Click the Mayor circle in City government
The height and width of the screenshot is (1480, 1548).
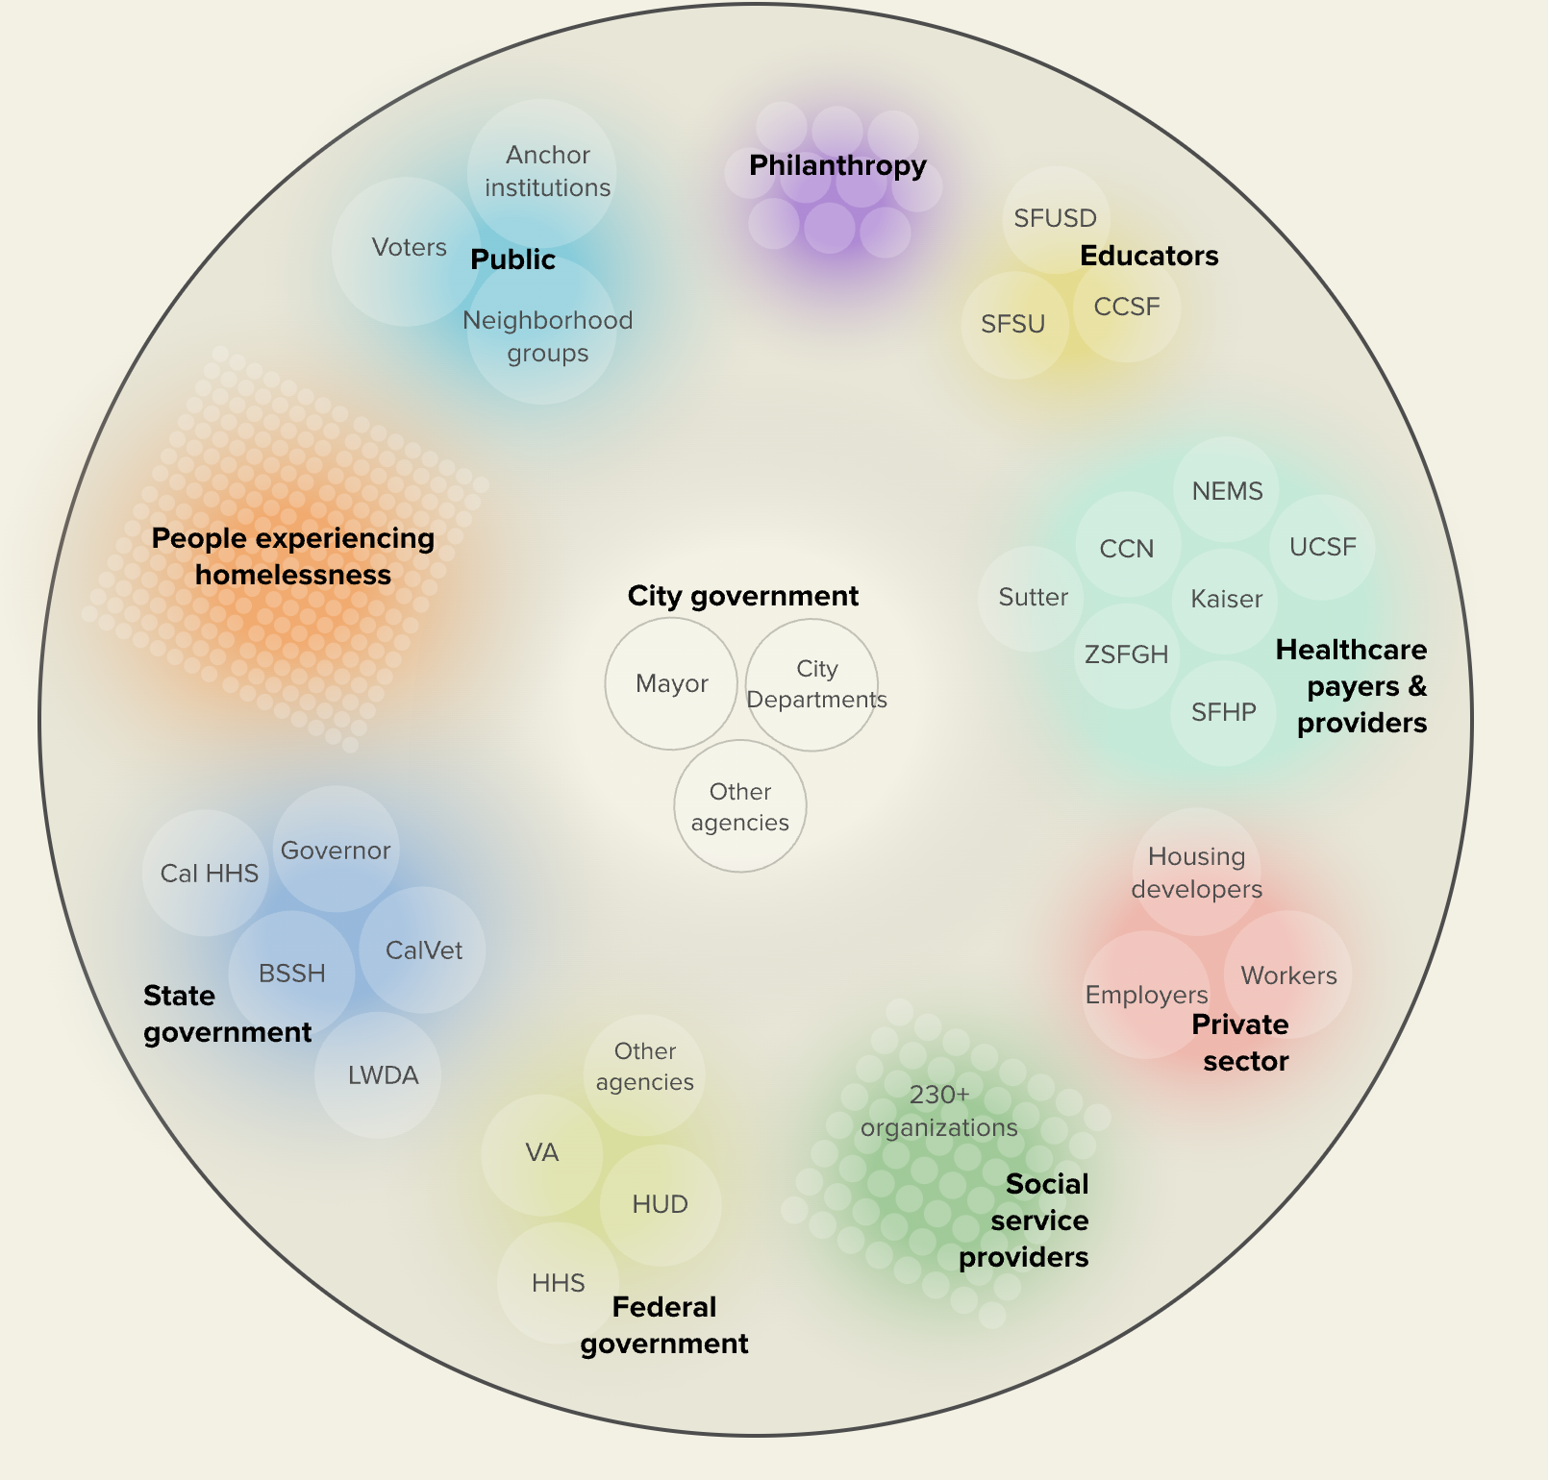coord(671,683)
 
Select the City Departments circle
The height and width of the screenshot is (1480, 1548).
coord(813,684)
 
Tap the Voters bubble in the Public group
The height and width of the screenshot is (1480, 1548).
coord(409,248)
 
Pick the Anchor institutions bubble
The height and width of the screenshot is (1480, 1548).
coord(546,171)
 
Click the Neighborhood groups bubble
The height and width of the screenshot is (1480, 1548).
coord(546,336)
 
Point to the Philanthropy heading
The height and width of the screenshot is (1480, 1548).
coord(837,165)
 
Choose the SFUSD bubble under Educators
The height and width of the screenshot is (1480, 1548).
coord(1055,218)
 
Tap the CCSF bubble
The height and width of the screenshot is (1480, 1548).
coord(1127,307)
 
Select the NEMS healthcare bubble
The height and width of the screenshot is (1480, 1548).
coord(1227,491)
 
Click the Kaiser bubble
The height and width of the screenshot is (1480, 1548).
coord(1226,599)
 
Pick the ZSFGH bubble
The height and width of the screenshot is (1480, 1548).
coord(1126,654)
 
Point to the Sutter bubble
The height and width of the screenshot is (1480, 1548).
coord(1033,597)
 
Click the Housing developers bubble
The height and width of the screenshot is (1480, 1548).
coord(1196,872)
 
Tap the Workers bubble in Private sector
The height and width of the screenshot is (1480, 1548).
coord(1288,975)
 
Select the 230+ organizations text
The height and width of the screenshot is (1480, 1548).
coord(938,1111)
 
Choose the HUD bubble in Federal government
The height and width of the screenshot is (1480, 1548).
coord(660,1204)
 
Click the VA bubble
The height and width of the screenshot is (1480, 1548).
coord(541,1152)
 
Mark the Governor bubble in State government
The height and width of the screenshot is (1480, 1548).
coord(336,851)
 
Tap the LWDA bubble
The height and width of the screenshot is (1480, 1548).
coord(383,1075)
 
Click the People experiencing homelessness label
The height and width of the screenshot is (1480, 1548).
coord(293,556)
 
